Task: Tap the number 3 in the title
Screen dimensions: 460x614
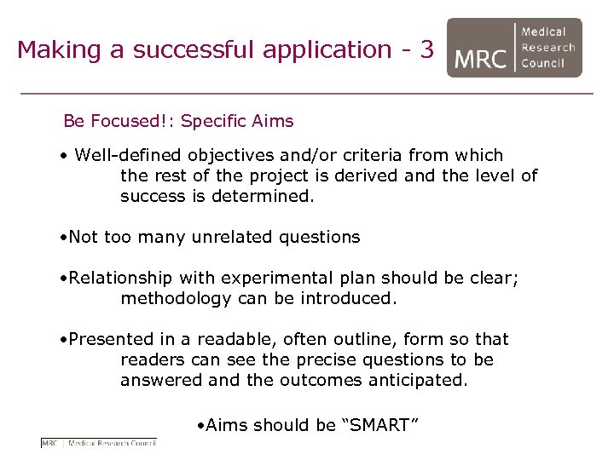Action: [426, 49]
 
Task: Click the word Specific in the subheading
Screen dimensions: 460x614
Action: [213, 121]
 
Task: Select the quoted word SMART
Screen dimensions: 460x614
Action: [374, 424]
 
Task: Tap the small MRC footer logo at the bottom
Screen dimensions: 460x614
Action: [99, 442]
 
